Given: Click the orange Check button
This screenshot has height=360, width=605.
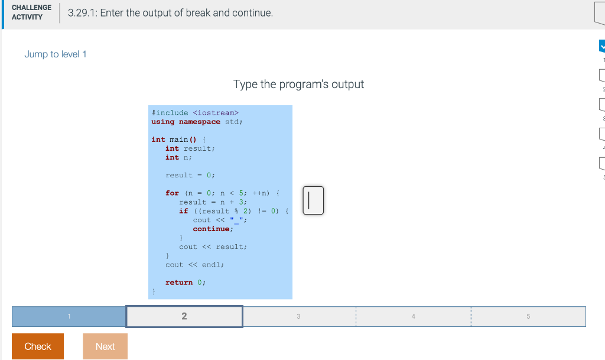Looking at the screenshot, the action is (x=38, y=346).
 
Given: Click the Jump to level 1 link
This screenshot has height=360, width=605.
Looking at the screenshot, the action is (x=55, y=54).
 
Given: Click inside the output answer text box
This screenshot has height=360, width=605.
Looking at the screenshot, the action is (x=313, y=200).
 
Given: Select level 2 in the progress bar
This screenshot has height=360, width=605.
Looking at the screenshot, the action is (x=184, y=316).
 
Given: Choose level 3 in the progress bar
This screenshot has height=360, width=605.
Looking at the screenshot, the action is (x=298, y=316).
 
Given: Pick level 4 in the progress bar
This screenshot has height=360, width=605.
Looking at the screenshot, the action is (x=413, y=316).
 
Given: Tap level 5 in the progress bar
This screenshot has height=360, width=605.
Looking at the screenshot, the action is (x=528, y=316).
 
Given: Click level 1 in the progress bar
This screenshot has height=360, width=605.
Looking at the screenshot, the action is (x=69, y=316).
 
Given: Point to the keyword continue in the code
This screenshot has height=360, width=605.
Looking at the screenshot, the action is (x=211, y=229).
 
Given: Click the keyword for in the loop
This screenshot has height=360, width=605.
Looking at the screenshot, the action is (x=172, y=193).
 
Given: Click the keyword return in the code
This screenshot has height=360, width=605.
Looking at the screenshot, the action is (x=178, y=283).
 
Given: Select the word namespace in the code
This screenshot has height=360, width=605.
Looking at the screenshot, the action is (x=200, y=122).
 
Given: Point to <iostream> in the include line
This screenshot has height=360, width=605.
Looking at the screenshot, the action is (x=216, y=113).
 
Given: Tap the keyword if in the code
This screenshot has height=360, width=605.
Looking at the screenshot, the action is (x=183, y=211).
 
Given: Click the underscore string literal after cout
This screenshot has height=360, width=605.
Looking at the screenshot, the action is (x=236, y=220).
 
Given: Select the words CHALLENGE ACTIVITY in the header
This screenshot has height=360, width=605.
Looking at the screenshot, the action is (x=32, y=12).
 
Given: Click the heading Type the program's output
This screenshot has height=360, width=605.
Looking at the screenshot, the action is (x=298, y=84).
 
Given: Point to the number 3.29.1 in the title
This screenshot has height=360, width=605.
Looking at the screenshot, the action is (x=82, y=13).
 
